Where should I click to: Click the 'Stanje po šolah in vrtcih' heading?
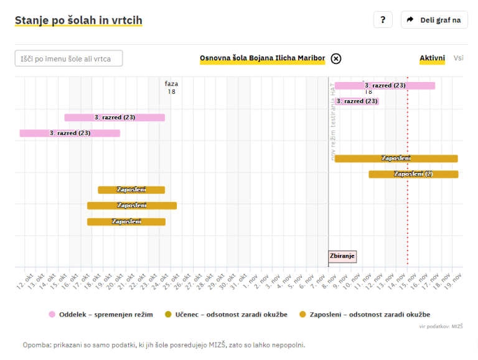point(78,21)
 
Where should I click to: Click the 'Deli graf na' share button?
point(434,20)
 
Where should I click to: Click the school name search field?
point(68,58)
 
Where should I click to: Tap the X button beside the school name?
point(336,58)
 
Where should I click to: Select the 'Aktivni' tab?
point(432,58)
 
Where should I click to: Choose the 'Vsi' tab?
point(459,58)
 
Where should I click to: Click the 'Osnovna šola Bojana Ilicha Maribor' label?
point(262,58)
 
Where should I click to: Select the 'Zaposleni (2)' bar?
point(413,174)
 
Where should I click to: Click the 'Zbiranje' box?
point(342,256)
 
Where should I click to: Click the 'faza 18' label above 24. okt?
point(171,88)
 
